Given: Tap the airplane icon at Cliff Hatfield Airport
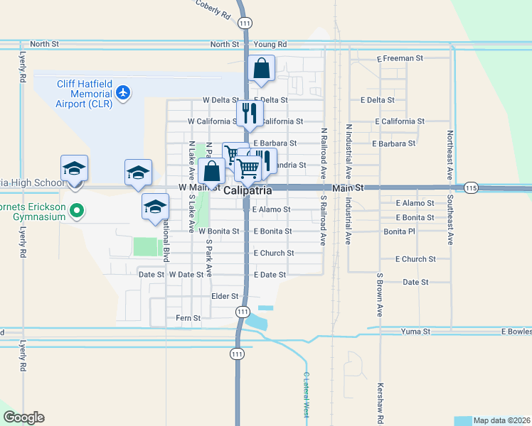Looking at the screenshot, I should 123,92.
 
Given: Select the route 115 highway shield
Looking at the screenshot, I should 470,188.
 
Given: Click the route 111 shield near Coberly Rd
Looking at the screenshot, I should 245,23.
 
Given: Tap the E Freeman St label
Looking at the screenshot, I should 400,58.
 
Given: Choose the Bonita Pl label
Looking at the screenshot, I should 399,232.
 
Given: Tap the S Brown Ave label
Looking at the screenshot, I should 379,294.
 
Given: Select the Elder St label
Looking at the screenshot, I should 224,297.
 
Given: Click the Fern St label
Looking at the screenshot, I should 188,318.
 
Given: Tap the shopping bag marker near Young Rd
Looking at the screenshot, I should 262,70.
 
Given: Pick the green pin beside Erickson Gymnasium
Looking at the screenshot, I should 78,211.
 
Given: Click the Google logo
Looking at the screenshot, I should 23,417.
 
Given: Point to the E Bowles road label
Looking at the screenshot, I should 516,332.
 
